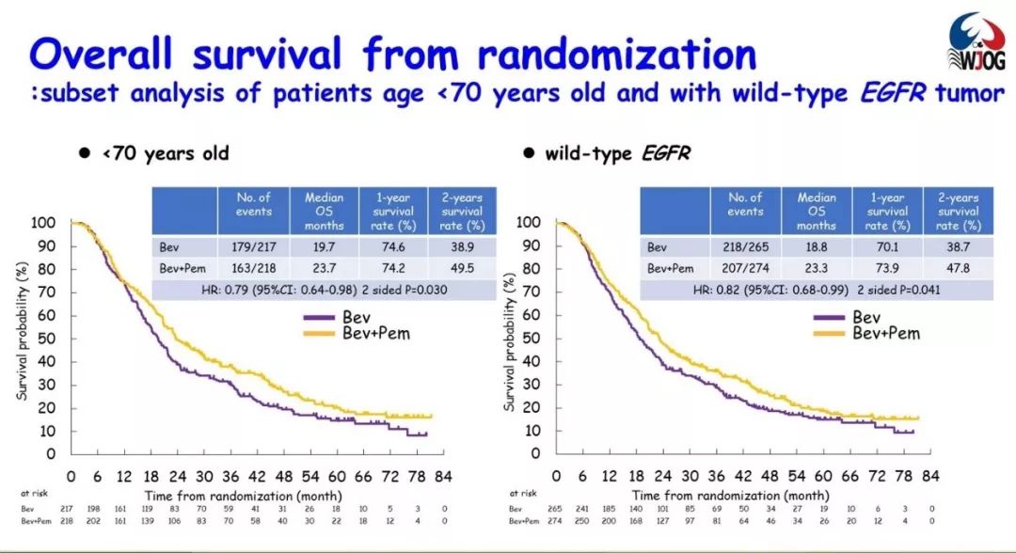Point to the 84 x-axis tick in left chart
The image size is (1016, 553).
442,475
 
